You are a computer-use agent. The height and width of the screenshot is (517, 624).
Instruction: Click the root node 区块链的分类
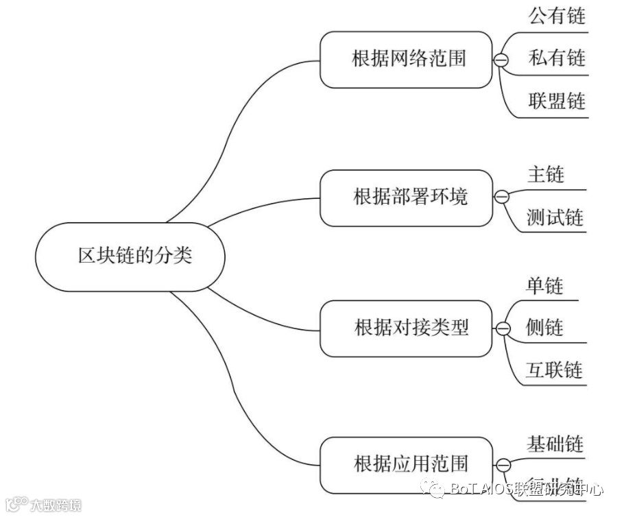[x=130, y=256]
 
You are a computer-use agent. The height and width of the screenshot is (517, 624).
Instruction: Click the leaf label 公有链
[x=557, y=16]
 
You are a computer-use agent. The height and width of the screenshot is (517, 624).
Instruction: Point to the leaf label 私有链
[x=557, y=58]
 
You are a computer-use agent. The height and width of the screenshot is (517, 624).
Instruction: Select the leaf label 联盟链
[x=557, y=101]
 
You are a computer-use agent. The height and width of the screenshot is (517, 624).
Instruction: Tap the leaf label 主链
[x=546, y=174]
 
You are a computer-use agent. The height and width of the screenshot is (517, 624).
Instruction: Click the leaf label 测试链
[x=555, y=217]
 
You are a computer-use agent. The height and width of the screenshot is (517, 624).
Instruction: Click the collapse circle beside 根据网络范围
[x=501, y=60]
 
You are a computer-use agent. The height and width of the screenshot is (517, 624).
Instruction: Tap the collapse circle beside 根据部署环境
[x=501, y=197]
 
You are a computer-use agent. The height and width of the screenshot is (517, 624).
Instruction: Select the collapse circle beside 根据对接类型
[x=503, y=328]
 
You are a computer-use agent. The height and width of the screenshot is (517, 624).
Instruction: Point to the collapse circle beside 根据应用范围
[x=503, y=466]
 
